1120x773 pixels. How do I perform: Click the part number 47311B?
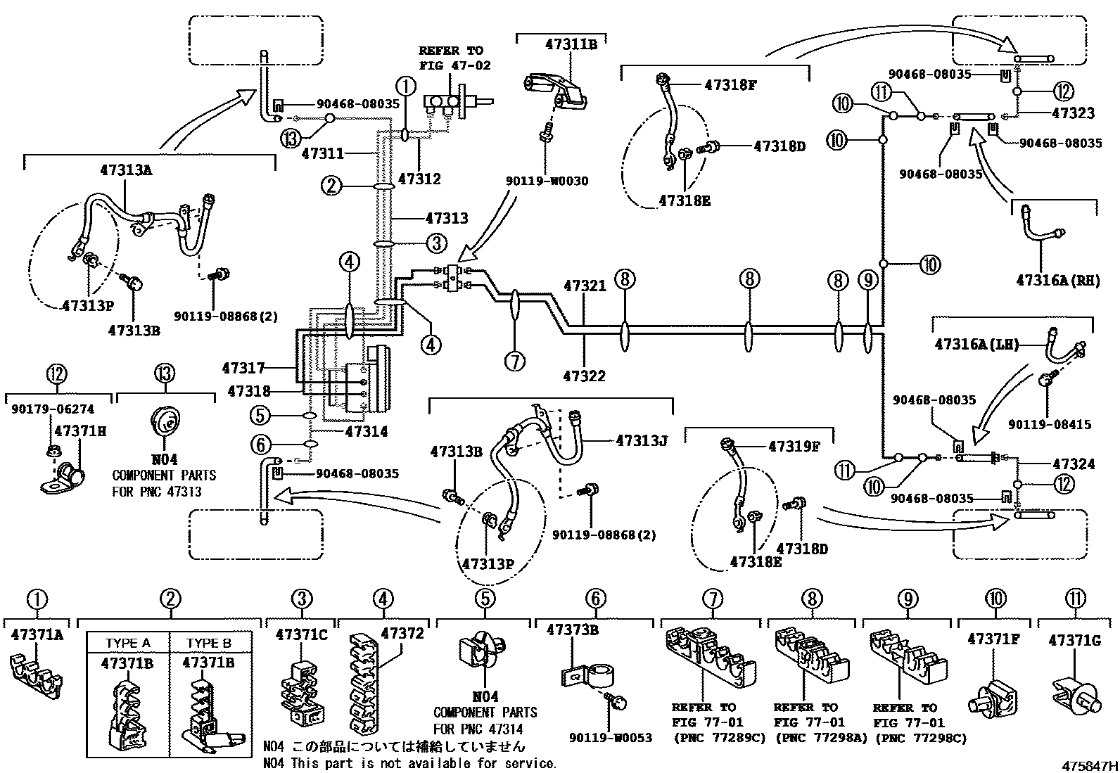pos(571,44)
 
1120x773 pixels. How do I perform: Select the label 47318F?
pos(730,85)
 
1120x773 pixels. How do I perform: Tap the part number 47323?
pos(1073,113)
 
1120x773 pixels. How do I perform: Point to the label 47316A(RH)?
pos(1058,281)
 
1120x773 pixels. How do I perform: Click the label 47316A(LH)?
pos(976,345)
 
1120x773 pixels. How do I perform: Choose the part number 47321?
pos(585,286)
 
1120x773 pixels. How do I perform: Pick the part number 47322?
pos(584,376)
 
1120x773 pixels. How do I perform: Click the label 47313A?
pos(126,170)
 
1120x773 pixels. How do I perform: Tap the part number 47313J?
pos(642,440)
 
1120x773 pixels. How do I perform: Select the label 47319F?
pos(794,447)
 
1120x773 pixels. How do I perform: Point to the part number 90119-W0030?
pos(547,181)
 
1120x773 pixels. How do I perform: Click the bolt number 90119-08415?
pos(1050,425)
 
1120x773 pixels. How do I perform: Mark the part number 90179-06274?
pos(53,409)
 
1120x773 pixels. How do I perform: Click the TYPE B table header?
pos(209,643)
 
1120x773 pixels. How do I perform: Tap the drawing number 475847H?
pos(1090,765)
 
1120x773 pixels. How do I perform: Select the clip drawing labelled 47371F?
pos(993,697)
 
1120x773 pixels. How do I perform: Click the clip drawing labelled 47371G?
pos(1076,699)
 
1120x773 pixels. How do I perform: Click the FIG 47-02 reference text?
pos(455,65)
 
